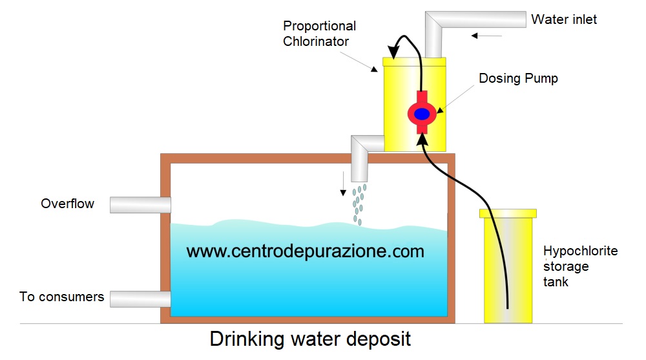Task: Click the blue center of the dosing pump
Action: [422, 114]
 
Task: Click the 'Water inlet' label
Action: [564, 19]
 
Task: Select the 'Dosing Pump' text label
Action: [518, 78]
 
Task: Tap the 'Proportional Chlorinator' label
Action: [320, 34]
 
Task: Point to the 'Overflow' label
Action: [68, 204]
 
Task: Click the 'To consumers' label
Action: [62, 297]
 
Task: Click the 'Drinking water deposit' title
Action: [310, 339]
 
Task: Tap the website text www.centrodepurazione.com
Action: [306, 251]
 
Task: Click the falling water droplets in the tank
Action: [359, 204]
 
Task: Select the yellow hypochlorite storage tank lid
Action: [507, 213]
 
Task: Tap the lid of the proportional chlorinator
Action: [414, 61]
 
